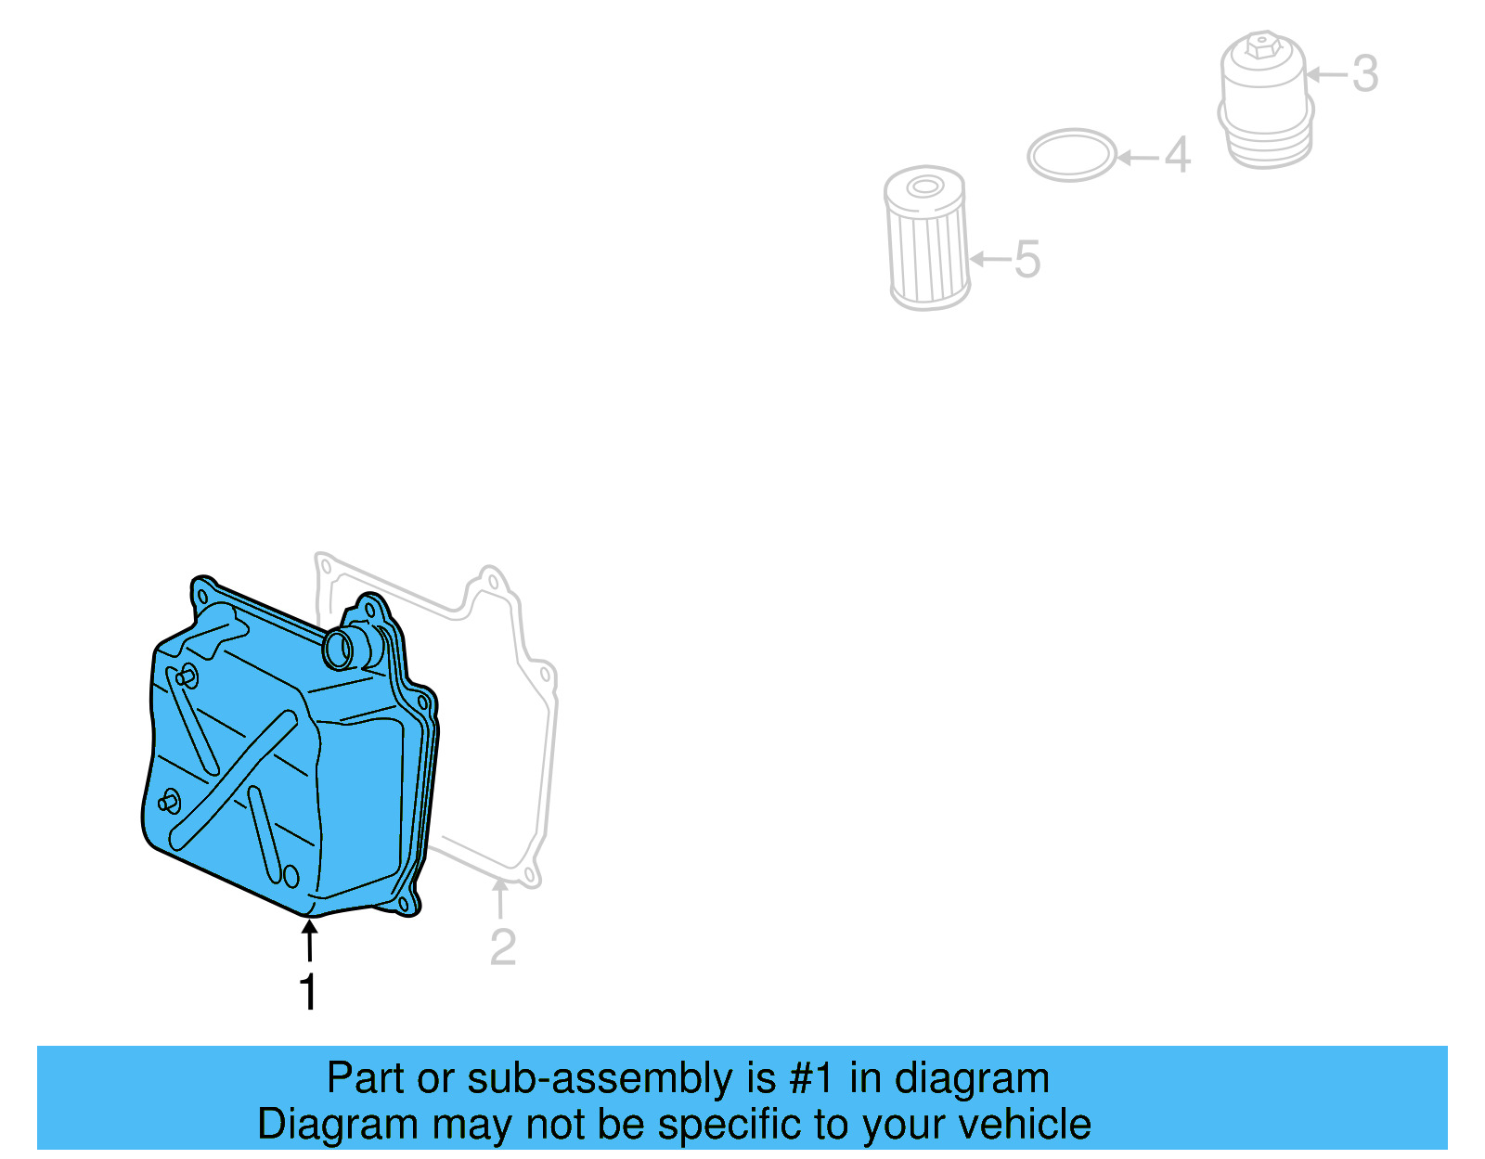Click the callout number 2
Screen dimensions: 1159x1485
click(x=502, y=947)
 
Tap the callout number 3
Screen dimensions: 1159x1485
click(x=1364, y=73)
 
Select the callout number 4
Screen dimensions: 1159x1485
click(x=1177, y=155)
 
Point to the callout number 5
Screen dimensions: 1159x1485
click(x=1027, y=259)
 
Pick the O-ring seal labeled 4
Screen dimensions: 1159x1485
click(x=1071, y=155)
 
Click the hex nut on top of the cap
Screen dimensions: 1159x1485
click(x=1259, y=44)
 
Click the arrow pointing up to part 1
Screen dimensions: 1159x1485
click(x=309, y=939)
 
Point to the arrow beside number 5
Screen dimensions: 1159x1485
click(x=989, y=259)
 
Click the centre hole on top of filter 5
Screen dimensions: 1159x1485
click(x=923, y=187)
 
